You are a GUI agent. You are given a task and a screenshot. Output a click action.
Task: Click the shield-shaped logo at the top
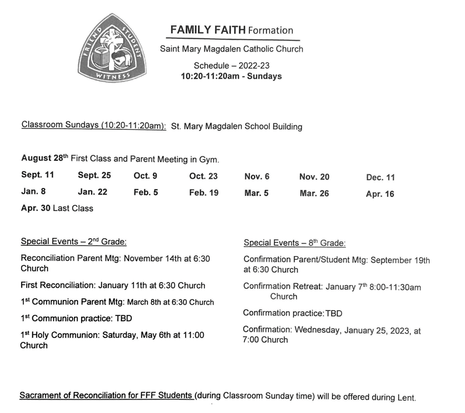pos(112,48)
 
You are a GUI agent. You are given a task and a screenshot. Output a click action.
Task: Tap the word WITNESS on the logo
pos(113,76)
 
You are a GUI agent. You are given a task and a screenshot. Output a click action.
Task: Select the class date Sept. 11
pos(38,175)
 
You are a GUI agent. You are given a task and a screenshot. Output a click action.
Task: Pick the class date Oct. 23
pos(203,176)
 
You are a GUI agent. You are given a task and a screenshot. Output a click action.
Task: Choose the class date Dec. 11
pos(380,177)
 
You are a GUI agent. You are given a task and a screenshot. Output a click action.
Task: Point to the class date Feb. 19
pos(204,193)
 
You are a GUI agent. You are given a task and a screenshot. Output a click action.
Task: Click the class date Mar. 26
pos(314,193)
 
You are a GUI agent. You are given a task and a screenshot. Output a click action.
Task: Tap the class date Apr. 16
pos(380,194)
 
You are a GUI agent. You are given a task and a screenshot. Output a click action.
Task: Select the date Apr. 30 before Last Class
pos(36,208)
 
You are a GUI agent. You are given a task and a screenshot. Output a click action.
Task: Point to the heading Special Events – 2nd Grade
pos(74,242)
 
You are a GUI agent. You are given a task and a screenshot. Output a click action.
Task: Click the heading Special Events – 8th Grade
pos(294,243)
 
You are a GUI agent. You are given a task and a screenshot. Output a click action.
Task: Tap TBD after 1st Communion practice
pos(124,318)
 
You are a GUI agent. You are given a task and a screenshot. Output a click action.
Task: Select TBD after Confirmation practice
pos(334,313)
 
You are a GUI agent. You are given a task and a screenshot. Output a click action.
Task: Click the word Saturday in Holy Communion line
pos(120,335)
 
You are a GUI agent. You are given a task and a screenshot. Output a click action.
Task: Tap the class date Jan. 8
pos(33,191)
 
